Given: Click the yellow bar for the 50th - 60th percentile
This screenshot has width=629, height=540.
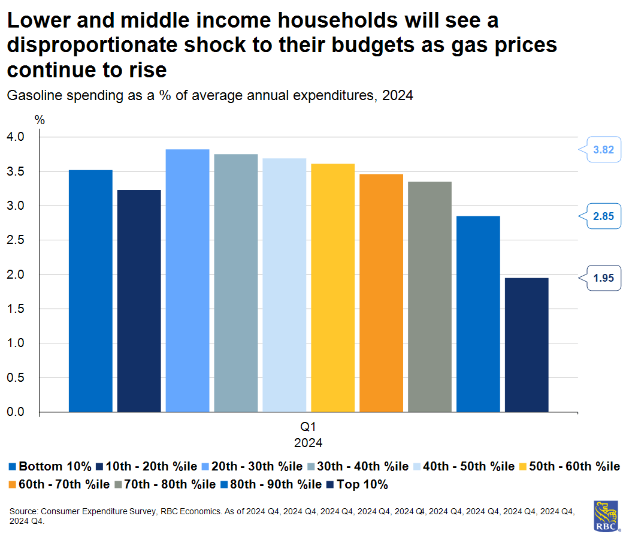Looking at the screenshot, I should point(332,288).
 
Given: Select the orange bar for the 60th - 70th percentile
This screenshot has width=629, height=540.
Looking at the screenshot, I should point(381,292).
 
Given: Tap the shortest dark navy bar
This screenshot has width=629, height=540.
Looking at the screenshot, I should point(527,345).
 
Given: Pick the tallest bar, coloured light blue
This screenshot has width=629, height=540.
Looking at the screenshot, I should point(188,280).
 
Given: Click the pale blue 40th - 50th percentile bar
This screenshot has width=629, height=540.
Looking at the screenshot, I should point(284,285).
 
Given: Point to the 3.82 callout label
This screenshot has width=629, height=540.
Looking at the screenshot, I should point(603,150).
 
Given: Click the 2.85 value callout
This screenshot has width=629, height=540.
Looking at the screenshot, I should point(603,216).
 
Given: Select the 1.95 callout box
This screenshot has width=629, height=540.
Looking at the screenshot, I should point(603,278).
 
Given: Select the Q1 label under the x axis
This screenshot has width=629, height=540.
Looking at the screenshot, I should point(308,428).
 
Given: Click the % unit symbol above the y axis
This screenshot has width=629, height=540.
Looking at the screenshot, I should point(40,119).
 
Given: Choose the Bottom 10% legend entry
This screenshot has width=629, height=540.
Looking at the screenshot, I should point(50,466).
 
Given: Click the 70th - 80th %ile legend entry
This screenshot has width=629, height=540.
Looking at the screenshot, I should point(167,484).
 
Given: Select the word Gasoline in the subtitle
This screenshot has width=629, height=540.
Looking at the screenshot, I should point(32,95).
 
